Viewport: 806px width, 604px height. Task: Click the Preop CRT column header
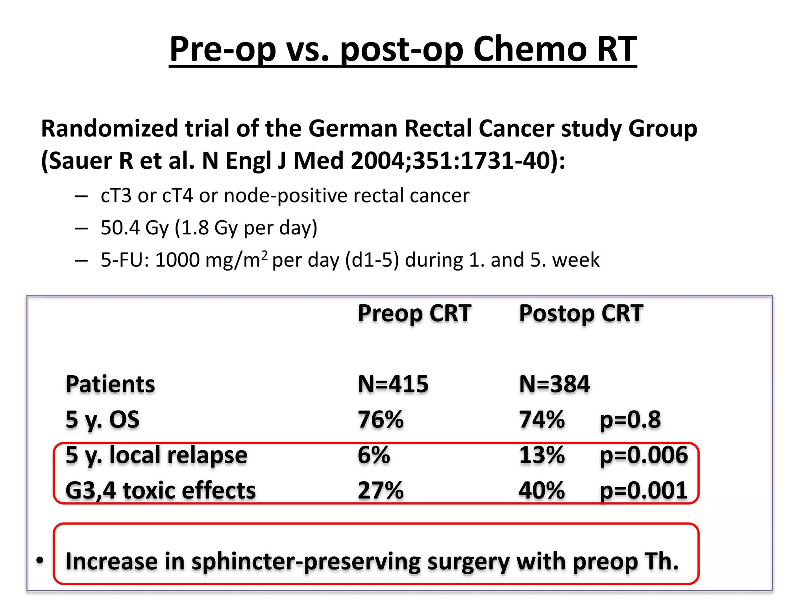(x=414, y=313)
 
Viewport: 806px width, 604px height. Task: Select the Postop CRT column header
(x=581, y=313)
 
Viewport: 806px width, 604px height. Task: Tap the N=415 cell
(x=393, y=384)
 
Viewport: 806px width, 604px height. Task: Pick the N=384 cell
(x=554, y=384)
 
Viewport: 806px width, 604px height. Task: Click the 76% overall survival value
(x=381, y=419)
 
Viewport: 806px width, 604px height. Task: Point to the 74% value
(x=542, y=419)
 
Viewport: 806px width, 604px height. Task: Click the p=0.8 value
(x=630, y=419)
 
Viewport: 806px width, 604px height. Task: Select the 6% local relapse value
(x=373, y=455)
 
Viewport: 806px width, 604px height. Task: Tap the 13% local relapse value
(x=542, y=455)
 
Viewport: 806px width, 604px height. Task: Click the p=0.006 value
(x=643, y=455)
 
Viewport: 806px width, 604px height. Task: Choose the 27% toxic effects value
(x=381, y=490)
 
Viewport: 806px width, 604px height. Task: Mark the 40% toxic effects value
(x=542, y=490)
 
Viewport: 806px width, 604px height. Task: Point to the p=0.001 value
(x=643, y=490)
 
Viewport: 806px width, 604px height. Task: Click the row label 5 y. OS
(x=102, y=419)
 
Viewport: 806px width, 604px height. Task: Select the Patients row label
(x=110, y=384)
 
